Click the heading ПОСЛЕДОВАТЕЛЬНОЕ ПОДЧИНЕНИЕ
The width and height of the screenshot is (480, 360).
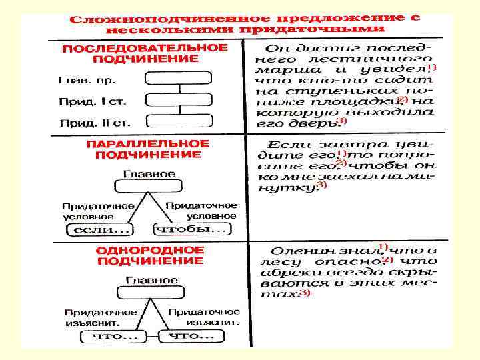(x=145, y=53)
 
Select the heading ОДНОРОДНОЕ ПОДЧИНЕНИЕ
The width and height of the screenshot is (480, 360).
(x=150, y=255)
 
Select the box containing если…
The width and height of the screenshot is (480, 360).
(x=101, y=230)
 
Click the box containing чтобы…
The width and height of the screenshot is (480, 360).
(x=191, y=229)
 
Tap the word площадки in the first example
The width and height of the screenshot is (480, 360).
(x=363, y=101)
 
